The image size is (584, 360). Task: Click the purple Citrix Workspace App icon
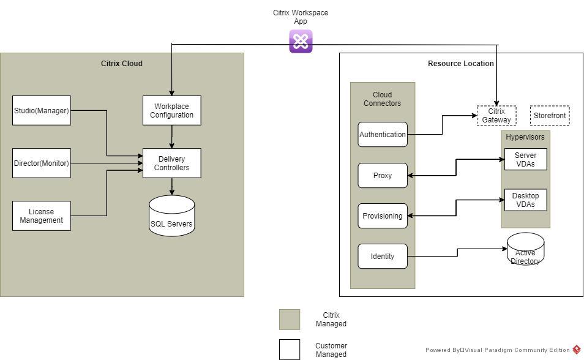301,42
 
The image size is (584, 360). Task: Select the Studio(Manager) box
42,111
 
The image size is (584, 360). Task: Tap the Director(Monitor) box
42,163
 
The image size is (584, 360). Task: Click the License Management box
42,216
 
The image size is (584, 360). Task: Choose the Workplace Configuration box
171,111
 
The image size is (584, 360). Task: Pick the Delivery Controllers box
171,163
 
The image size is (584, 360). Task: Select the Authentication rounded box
383,135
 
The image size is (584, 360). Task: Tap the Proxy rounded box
383,176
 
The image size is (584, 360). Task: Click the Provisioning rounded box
383,216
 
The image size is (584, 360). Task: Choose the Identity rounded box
383,257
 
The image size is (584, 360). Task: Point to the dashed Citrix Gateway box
496,116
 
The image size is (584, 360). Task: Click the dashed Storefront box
550,116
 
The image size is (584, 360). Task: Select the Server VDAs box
525,160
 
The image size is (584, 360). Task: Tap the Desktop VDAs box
525,200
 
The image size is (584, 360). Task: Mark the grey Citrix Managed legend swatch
290,320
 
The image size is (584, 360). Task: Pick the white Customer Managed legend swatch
290,350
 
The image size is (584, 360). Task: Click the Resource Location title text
460,64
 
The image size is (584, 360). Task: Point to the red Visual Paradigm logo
577,350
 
